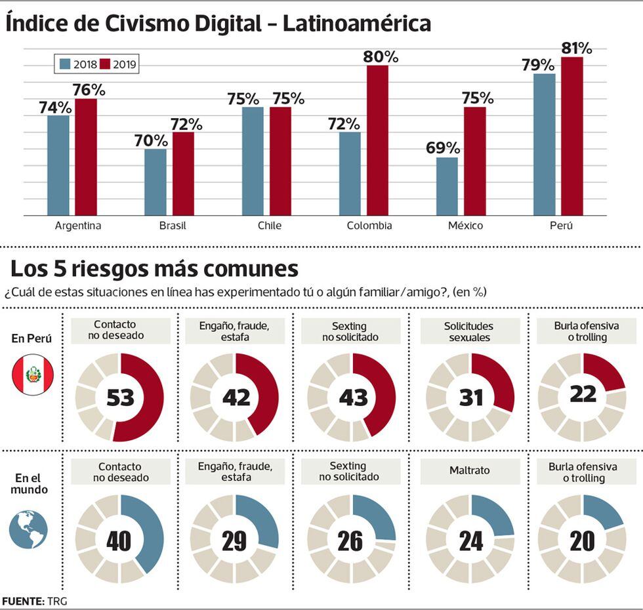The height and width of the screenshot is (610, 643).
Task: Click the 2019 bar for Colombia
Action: click(x=377, y=140)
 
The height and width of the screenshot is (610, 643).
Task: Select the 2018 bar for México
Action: click(x=447, y=186)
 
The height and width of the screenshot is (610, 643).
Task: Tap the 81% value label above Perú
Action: click(x=577, y=48)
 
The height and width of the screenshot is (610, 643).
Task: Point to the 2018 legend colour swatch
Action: click(x=64, y=64)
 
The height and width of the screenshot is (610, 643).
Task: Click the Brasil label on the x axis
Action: click(x=172, y=226)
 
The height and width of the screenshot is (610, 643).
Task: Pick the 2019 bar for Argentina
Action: click(x=85, y=157)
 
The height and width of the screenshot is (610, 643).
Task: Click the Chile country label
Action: click(x=269, y=226)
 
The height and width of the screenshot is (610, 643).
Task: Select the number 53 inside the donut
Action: click(x=120, y=398)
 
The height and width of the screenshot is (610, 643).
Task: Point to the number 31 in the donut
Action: click(x=470, y=398)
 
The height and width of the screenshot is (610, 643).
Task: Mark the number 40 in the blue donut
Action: click(x=117, y=540)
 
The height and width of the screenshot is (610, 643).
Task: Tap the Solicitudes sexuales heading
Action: click(x=468, y=332)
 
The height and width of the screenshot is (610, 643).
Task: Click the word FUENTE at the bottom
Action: click(x=22, y=601)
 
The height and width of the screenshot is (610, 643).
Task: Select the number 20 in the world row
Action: click(x=581, y=540)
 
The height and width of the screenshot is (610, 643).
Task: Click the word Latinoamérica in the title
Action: click(x=357, y=24)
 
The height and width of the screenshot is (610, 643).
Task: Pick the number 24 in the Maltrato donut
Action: click(x=470, y=540)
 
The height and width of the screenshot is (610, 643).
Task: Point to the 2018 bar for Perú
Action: click(x=544, y=144)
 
